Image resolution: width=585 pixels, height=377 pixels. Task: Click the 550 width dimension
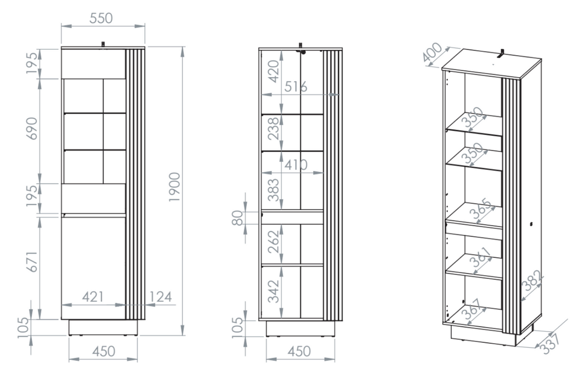pyautogui.click(x=101, y=18)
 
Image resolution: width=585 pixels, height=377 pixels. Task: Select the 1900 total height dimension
pyautogui.click(x=175, y=187)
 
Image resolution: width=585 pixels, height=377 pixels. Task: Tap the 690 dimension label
pyautogui.click(x=32, y=129)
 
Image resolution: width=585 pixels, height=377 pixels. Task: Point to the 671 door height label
pyautogui.click(x=32, y=262)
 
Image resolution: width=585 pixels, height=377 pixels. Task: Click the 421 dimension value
pyautogui.click(x=93, y=297)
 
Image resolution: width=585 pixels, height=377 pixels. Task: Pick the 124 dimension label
pyautogui.click(x=160, y=297)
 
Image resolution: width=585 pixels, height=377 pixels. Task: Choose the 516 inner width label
pyautogui.click(x=295, y=87)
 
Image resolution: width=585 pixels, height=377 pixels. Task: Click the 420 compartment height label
pyautogui.click(x=273, y=71)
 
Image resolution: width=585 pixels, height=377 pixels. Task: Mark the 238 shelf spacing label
pyautogui.click(x=273, y=129)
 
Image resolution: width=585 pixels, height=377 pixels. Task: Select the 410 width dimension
pyautogui.click(x=295, y=165)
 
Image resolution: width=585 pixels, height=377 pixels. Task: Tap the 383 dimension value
pyautogui.click(x=273, y=190)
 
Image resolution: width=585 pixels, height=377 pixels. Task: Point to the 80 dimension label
pyautogui.click(x=237, y=218)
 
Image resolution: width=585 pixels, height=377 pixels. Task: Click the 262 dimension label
pyautogui.click(x=273, y=242)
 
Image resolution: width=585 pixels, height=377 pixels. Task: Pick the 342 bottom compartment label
pyautogui.click(x=273, y=292)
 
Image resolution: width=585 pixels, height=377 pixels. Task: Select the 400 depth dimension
pyautogui.click(x=432, y=52)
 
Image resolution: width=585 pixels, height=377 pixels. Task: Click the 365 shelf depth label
pyautogui.click(x=481, y=209)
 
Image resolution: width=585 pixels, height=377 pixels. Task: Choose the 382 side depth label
pyautogui.click(x=533, y=280)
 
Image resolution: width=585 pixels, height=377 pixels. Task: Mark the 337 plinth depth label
pyautogui.click(x=550, y=344)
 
